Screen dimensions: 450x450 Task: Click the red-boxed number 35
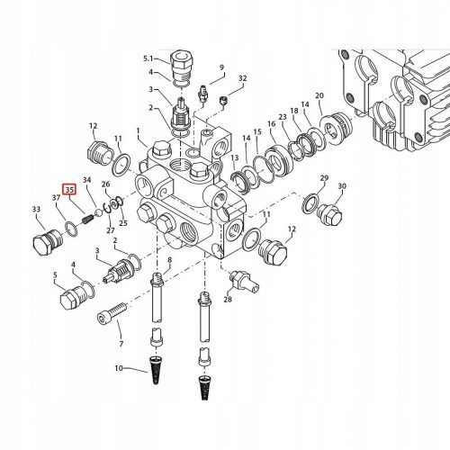[x=69, y=190]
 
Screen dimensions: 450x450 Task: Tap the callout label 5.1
[x=148, y=58]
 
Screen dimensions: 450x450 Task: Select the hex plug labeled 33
[x=48, y=242]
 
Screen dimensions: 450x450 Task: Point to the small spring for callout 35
[x=88, y=220]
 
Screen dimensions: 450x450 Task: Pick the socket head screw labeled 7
[x=112, y=312]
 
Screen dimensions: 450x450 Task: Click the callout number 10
[x=119, y=368]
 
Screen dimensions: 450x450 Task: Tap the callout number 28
[x=228, y=299]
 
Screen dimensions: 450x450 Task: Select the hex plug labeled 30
[x=329, y=214]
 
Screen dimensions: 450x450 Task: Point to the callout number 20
[x=319, y=95]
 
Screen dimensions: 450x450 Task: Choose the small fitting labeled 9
[x=203, y=93]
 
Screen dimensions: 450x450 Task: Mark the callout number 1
[x=139, y=130]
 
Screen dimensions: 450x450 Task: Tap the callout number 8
[x=170, y=260]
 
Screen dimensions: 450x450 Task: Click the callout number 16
[x=272, y=123]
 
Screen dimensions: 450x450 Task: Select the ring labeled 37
[x=71, y=229]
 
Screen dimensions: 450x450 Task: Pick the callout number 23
[x=283, y=117]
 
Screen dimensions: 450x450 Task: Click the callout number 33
[x=36, y=209]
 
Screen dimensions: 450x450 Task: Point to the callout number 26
[x=106, y=184]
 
